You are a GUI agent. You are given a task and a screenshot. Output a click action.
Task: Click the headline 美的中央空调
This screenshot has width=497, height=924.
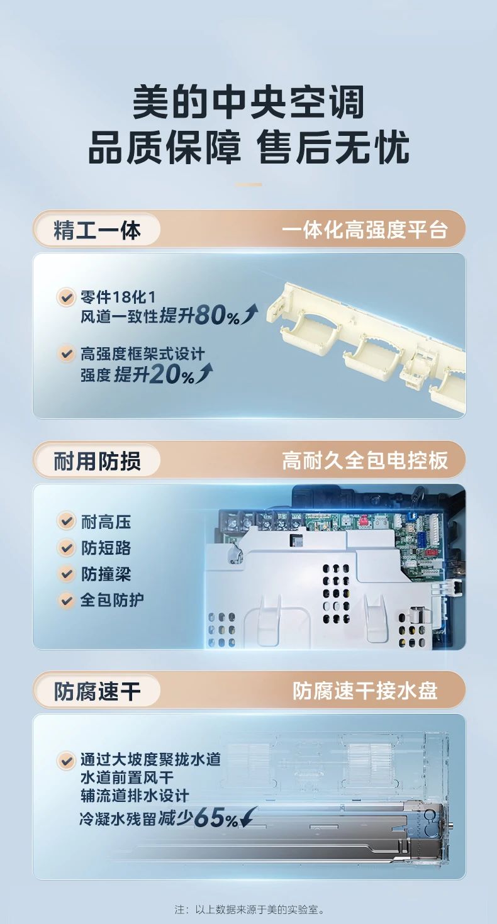click(248, 103)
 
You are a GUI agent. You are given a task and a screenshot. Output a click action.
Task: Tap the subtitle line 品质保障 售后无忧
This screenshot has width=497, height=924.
click(248, 148)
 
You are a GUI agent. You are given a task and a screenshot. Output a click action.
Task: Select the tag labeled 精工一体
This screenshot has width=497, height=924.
click(97, 230)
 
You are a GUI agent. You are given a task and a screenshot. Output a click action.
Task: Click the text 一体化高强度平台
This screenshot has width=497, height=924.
click(364, 230)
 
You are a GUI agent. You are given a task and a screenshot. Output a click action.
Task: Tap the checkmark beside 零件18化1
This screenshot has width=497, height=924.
click(66, 296)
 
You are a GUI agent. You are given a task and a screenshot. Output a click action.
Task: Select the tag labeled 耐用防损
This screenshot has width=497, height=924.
click(97, 461)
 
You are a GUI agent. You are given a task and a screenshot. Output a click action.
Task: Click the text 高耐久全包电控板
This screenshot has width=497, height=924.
click(364, 461)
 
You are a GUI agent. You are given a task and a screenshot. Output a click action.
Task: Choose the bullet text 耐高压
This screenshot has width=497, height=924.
click(106, 521)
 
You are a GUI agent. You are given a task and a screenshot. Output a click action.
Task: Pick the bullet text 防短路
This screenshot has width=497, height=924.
click(106, 548)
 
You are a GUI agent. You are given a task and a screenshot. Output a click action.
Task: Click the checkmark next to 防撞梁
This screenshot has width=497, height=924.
click(66, 574)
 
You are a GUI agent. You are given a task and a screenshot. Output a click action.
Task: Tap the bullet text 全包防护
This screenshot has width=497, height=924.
click(112, 600)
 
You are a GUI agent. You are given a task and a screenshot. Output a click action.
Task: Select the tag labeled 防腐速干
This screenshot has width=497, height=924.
click(97, 691)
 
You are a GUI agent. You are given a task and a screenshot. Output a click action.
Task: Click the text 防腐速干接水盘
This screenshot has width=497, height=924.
click(365, 691)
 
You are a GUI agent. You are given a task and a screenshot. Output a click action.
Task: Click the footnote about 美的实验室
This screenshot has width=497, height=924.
click(248, 910)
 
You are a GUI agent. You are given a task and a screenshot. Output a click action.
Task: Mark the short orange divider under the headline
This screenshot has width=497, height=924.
click(248, 185)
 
